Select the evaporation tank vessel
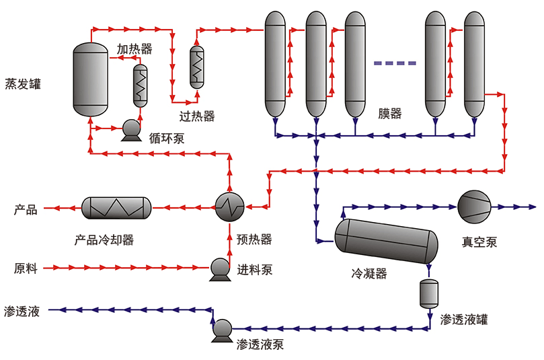click(90, 79)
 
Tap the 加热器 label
click(134, 49)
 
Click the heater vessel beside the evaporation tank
click(140, 85)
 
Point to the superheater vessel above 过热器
click(197, 67)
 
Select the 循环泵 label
click(167, 139)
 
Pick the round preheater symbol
click(230, 207)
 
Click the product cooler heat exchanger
click(116, 208)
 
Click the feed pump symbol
click(220, 268)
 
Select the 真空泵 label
click(479, 242)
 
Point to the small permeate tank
click(429, 293)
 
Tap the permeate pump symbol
click(221, 329)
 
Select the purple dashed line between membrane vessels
click(395, 63)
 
